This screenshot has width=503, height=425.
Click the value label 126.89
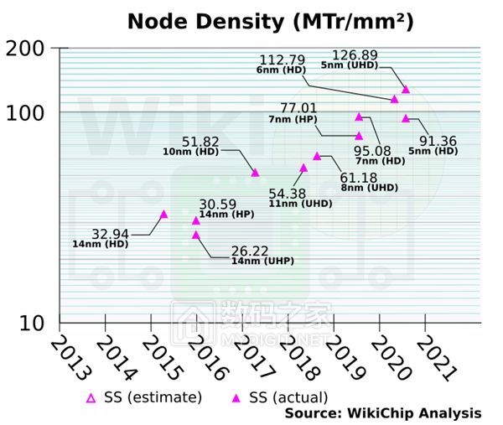[360, 54]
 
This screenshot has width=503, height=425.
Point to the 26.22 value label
[251, 250]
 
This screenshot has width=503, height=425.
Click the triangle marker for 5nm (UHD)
[406, 89]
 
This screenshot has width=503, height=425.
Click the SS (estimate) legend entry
[148, 396]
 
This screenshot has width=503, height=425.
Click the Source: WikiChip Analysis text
[383, 413]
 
